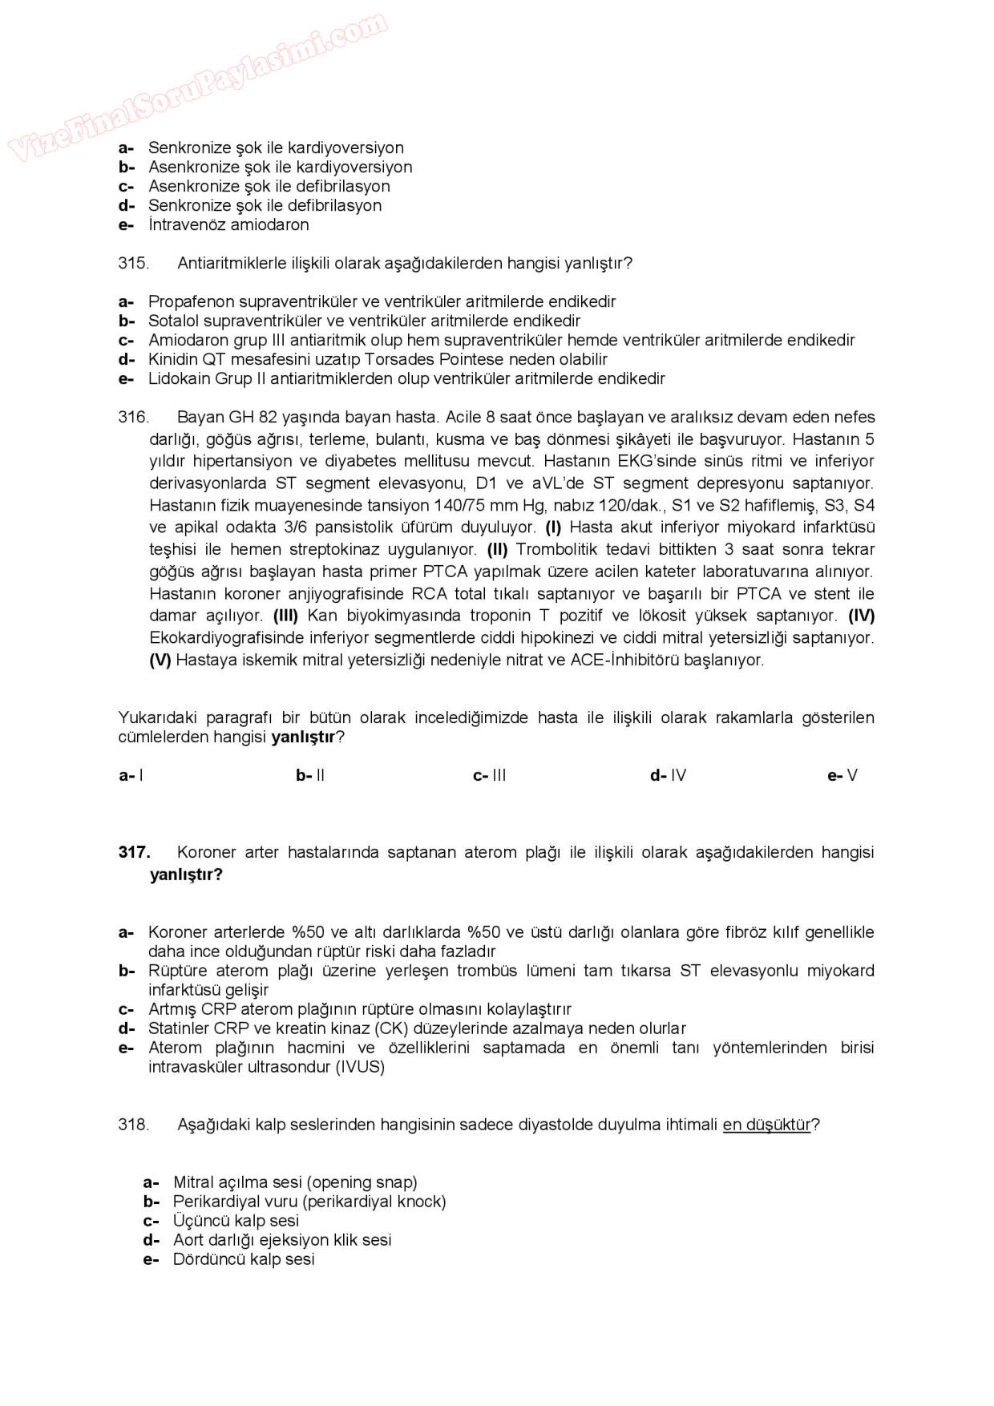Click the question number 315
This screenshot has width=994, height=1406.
pos(133,263)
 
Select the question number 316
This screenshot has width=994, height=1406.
pos(133,417)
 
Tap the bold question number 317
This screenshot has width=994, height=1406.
pos(134,852)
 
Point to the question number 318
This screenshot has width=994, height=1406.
pos(133,1125)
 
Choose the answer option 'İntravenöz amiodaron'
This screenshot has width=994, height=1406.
pos(228,224)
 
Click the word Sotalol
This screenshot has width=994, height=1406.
pos(173,321)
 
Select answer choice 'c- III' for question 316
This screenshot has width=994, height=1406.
pos(490,775)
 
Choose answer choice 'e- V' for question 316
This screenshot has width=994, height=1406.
pos(842,775)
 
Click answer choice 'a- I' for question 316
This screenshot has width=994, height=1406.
pos(131,775)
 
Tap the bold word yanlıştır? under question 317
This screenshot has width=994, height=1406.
pos(186,874)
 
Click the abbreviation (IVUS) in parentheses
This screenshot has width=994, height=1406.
pos(361,1067)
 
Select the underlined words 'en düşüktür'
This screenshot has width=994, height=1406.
pos(766,1125)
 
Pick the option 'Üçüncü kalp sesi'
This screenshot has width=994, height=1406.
pos(236,1221)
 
